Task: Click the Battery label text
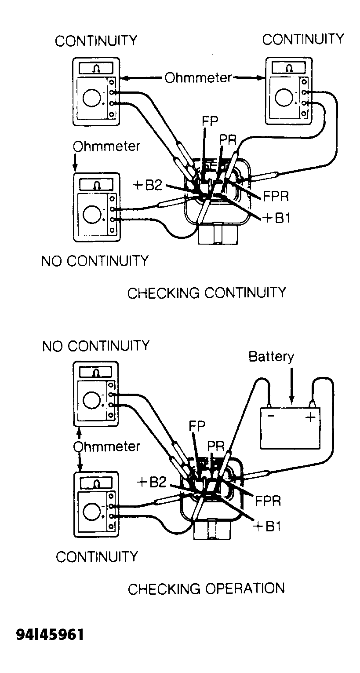(x=271, y=356)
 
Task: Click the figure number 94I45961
(x=50, y=635)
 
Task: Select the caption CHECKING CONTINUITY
(x=207, y=293)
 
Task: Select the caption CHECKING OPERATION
(x=206, y=588)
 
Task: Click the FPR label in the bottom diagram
(x=268, y=501)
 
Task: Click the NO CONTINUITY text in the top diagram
(x=95, y=261)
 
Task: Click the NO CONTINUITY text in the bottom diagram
(x=96, y=346)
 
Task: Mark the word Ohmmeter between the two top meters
(x=198, y=78)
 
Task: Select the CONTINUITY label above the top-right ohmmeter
(x=303, y=39)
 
